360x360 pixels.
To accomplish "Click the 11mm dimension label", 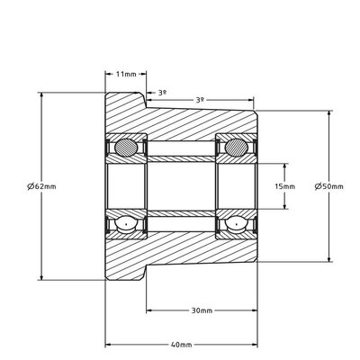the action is point(126,74).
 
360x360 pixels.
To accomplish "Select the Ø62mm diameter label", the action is point(41,186).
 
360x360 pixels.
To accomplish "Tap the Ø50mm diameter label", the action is point(329,186).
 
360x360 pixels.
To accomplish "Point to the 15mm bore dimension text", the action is point(285,186).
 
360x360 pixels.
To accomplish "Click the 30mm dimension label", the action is point(202,310).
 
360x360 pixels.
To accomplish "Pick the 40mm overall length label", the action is point(181,345).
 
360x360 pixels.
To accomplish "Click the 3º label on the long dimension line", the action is point(200,100).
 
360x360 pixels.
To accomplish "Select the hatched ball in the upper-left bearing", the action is point(127,148).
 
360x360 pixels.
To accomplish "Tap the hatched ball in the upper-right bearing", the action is point(237,148).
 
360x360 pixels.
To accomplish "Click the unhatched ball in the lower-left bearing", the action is point(126,224).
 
